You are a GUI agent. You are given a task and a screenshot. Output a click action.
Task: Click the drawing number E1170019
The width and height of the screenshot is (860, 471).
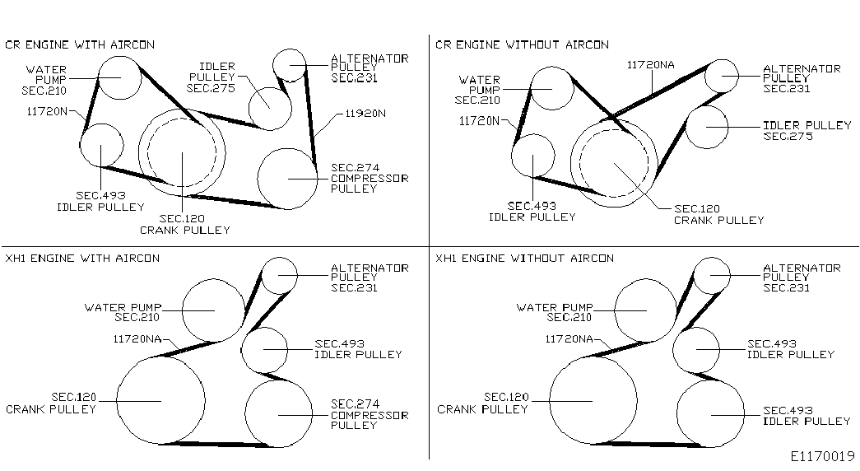pyautogui.click(x=823, y=456)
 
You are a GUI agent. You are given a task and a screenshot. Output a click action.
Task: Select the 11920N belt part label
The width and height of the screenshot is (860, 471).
pyautogui.click(x=365, y=114)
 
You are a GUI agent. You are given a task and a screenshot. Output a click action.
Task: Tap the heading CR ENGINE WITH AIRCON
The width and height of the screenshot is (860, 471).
pyautogui.click(x=80, y=44)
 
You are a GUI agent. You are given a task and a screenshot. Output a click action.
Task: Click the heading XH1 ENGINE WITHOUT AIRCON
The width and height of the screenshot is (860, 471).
pyautogui.click(x=524, y=258)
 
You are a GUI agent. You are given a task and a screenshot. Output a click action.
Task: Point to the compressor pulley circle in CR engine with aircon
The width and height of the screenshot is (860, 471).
pyautogui.click(x=258, y=179)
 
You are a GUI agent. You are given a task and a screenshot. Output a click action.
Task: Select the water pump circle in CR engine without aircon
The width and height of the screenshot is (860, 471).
pyautogui.click(x=532, y=88)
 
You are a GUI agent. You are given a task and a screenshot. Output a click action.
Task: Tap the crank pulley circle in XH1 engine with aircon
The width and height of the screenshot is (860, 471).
pyautogui.click(x=117, y=401)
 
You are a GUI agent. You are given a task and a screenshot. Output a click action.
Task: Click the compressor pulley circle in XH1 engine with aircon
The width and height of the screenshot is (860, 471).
pyautogui.click(x=245, y=414)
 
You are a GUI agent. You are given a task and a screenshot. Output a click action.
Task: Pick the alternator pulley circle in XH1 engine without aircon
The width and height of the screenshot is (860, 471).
pyautogui.click(x=694, y=276)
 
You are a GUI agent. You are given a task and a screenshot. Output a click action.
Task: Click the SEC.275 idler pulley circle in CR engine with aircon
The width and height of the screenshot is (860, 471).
pyautogui.click(x=249, y=108)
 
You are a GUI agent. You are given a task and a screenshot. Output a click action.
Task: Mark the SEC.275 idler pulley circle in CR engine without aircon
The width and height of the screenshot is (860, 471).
pyautogui.click(x=686, y=128)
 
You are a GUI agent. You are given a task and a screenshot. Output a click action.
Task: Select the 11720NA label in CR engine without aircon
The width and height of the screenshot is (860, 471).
pyautogui.click(x=650, y=65)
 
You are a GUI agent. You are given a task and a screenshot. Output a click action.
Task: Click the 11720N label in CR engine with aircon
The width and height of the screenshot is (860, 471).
pyautogui.click(x=47, y=111)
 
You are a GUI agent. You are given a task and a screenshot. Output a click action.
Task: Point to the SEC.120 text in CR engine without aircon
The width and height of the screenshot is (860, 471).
pyautogui.click(x=697, y=208)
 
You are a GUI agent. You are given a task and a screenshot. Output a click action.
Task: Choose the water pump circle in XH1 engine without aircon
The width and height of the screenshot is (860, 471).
pyautogui.click(x=615, y=310)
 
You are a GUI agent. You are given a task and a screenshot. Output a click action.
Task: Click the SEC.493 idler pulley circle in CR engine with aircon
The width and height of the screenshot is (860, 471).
pyautogui.click(x=81, y=146)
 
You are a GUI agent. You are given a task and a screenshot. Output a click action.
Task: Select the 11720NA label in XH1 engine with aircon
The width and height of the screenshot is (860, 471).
pyautogui.click(x=137, y=339)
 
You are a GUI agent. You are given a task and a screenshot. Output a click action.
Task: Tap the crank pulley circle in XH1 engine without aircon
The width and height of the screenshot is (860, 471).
pyautogui.click(x=549, y=401)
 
